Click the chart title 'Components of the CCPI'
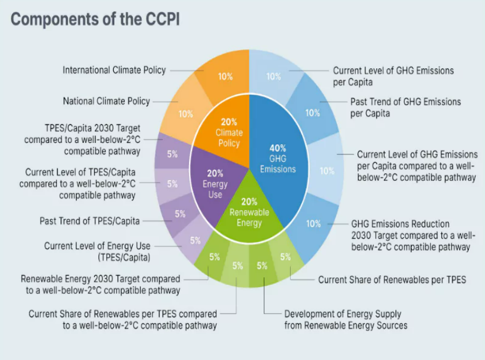94,19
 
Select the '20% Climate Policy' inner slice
229,132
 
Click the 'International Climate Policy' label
114,70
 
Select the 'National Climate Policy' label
106,101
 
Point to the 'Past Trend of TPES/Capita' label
90,220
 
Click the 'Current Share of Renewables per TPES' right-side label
392,280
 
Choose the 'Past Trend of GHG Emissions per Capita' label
405,107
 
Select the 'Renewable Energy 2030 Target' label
101,284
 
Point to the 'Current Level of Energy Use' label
97,251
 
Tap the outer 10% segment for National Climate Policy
185,113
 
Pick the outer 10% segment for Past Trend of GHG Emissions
312,112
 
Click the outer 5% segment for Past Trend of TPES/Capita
179,214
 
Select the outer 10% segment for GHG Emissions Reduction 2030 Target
313,224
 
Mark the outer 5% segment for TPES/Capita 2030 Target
172,153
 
